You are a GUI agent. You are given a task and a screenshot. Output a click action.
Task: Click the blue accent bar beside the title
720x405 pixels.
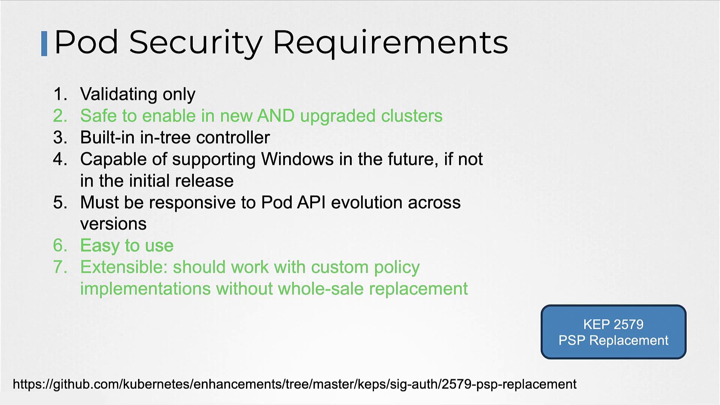click(x=44, y=44)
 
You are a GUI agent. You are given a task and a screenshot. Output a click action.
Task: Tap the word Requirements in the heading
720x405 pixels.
click(x=391, y=43)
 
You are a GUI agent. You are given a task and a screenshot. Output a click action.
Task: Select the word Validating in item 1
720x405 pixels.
click(x=118, y=94)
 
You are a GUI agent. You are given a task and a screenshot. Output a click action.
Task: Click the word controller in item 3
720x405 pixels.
click(x=233, y=137)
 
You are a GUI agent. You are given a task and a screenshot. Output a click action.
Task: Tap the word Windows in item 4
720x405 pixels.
click(x=297, y=159)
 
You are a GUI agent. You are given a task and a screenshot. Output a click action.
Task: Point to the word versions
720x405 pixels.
click(x=113, y=224)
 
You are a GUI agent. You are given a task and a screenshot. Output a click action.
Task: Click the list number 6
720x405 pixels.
click(x=60, y=246)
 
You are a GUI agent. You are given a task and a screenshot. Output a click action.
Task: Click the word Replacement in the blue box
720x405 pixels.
click(x=629, y=340)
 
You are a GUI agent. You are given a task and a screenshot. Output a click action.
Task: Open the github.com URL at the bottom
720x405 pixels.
click(x=295, y=384)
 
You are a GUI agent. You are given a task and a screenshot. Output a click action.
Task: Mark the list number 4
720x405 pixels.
click(x=60, y=159)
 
